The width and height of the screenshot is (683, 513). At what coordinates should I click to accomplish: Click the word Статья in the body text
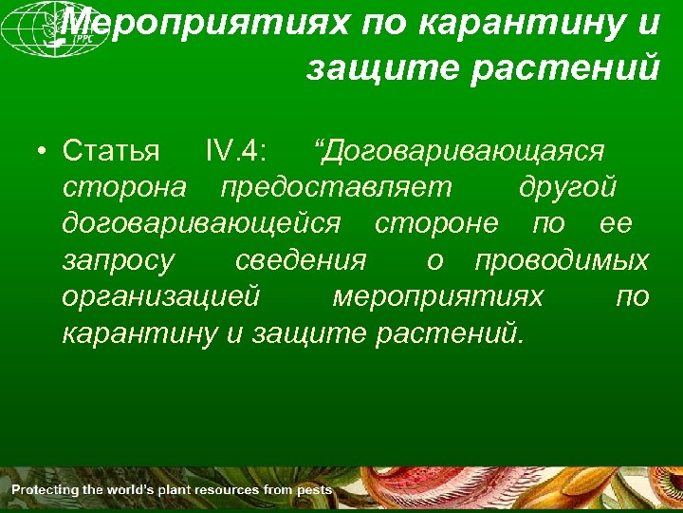[111, 151]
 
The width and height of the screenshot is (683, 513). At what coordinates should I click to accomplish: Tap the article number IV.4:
[236, 151]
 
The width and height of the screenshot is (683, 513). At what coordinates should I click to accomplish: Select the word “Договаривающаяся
[460, 151]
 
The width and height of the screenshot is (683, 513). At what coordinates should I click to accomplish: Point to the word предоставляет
[337, 187]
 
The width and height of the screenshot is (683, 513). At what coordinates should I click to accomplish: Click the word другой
[567, 187]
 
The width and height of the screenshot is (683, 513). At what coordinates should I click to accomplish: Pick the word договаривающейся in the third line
[201, 223]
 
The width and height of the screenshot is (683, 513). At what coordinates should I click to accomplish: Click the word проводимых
[562, 260]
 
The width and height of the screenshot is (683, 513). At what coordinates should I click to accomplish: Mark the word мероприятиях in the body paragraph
[438, 297]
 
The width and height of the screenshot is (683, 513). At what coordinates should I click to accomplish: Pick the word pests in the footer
[315, 490]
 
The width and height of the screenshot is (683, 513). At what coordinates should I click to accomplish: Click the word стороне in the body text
[435, 223]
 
